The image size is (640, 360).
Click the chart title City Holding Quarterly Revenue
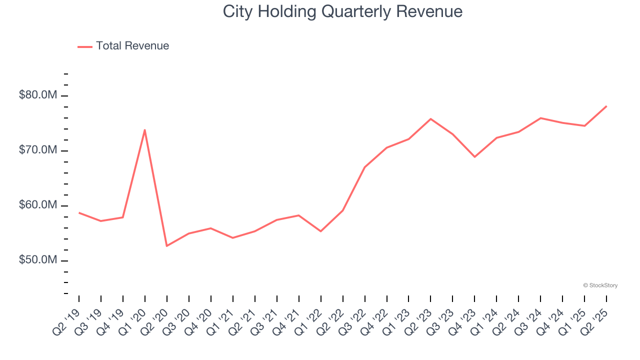tap(342, 11)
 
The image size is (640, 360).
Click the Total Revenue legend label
tap(132, 46)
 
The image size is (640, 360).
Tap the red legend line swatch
tap(85, 46)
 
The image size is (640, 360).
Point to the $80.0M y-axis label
tap(38, 95)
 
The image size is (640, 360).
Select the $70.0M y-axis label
tap(38, 150)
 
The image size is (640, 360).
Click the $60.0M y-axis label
tap(38, 205)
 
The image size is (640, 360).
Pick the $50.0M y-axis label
tap(38, 260)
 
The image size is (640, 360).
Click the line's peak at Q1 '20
tap(144, 130)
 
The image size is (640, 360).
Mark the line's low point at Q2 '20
tap(166, 246)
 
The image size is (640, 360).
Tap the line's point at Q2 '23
tap(430, 119)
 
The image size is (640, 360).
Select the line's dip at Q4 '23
tap(474, 157)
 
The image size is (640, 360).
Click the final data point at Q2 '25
tap(606, 106)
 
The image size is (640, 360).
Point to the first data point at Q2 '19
tap(79, 212)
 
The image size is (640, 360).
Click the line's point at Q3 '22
tap(364, 167)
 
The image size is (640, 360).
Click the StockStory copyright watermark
tap(600, 285)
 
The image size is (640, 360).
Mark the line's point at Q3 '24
tap(540, 118)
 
